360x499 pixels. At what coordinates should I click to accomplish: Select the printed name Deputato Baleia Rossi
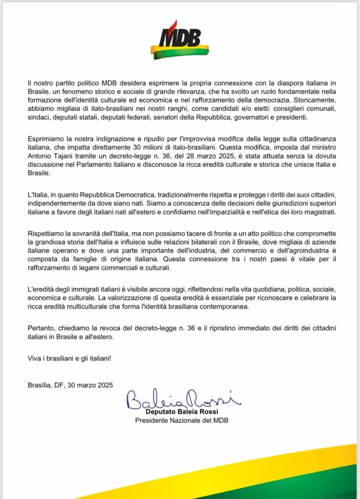coord(181,412)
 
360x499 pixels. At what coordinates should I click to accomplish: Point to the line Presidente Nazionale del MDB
coord(181,421)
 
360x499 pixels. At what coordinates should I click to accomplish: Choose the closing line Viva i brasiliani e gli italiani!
coord(69,359)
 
